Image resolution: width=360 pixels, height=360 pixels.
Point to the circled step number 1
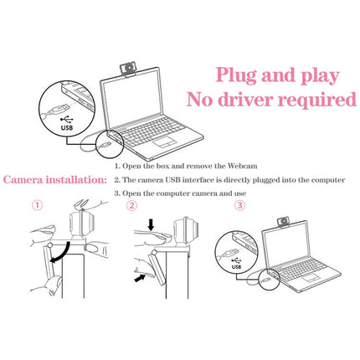click(37, 205)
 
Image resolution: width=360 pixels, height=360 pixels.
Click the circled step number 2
click(131, 205)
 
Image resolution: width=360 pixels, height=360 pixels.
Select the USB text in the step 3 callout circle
click(234, 268)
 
